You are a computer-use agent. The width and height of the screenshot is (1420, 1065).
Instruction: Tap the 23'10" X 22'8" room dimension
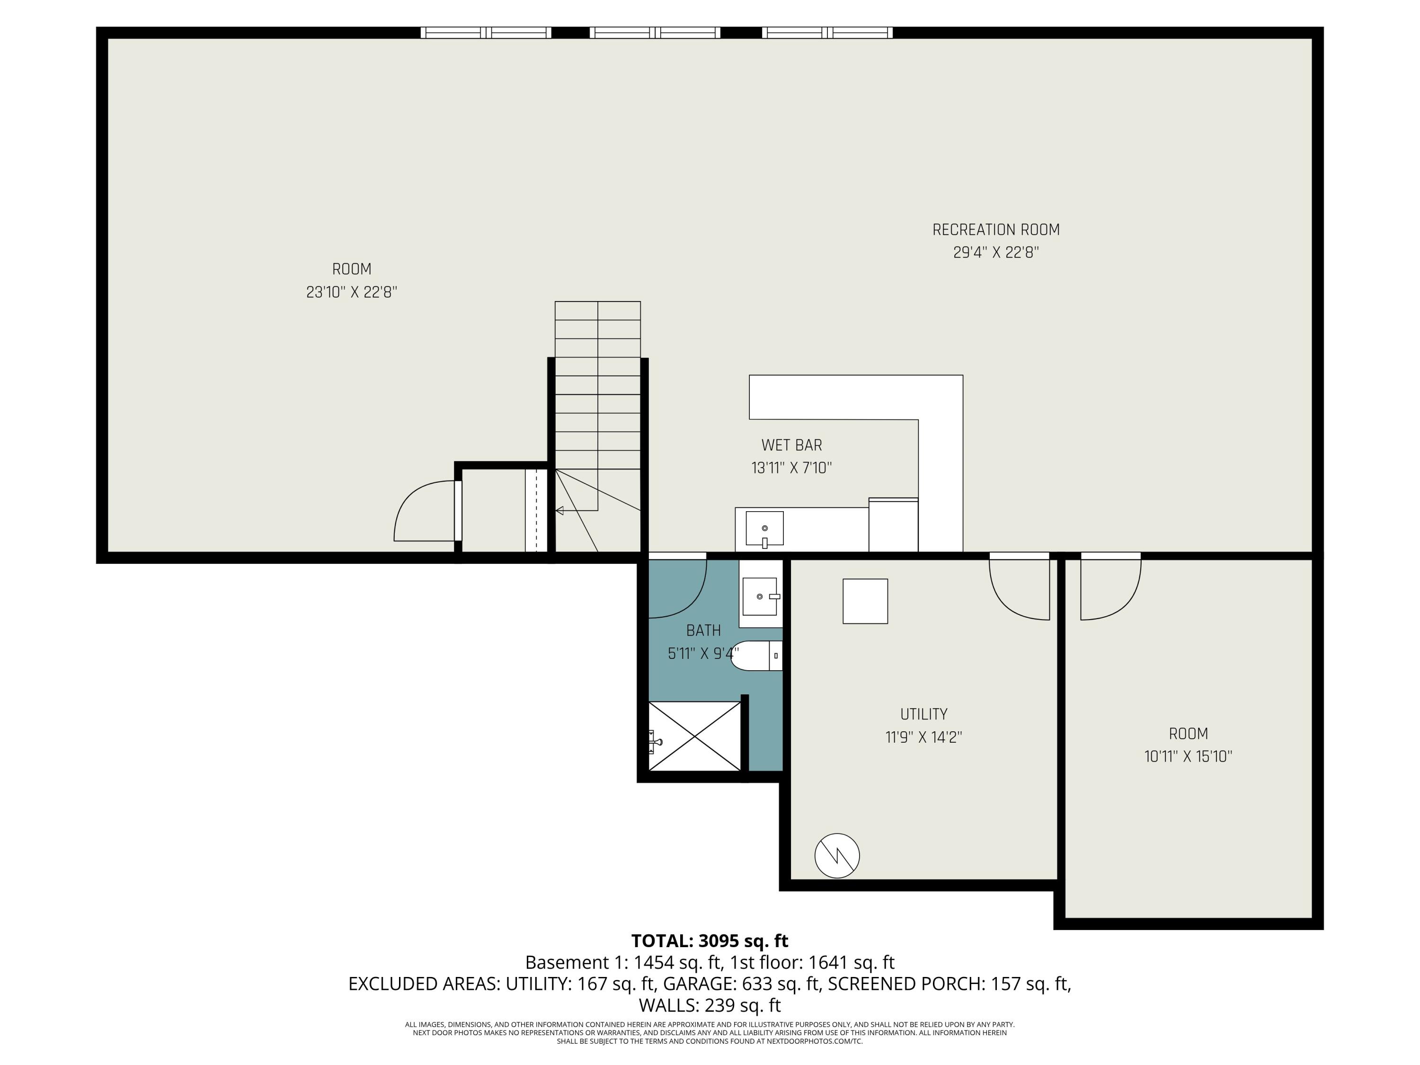(x=352, y=292)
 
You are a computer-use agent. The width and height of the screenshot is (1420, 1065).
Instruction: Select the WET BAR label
(x=791, y=445)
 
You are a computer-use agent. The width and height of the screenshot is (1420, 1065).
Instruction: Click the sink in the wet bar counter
(x=764, y=528)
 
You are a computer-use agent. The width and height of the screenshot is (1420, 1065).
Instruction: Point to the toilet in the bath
(x=755, y=656)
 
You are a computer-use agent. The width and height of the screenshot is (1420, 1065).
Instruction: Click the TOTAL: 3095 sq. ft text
(x=710, y=941)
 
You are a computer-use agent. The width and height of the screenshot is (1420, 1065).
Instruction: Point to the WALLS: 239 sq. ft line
(x=710, y=1005)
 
